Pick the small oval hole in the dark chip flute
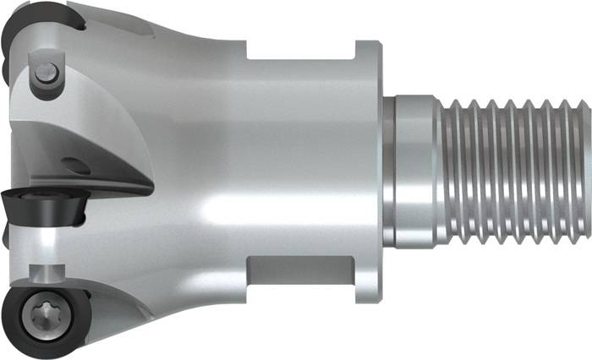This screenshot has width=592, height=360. tap(77, 166)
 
